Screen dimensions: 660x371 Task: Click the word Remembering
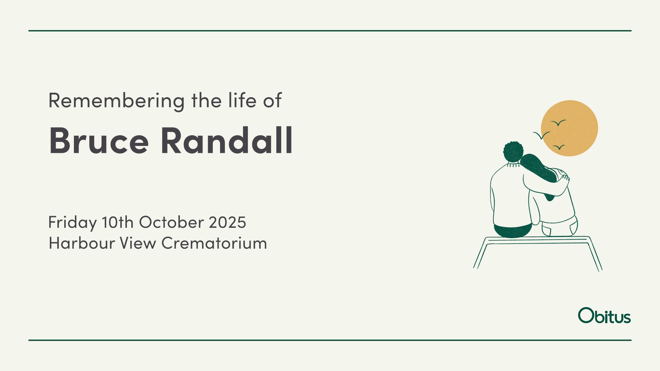tap(117, 101)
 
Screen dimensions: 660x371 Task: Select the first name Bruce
tap(99, 140)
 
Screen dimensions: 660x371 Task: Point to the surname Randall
tap(227, 140)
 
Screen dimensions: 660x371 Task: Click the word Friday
tap(73, 223)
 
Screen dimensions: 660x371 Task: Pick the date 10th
tap(118, 222)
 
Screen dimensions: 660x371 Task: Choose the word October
tap(172, 222)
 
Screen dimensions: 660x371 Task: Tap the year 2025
tap(228, 222)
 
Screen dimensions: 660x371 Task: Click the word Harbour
tap(82, 243)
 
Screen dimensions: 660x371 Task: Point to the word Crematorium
tap(214, 243)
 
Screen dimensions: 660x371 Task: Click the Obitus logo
tap(604, 315)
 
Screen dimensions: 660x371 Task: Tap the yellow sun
tap(570, 128)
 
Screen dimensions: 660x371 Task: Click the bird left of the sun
tap(541, 135)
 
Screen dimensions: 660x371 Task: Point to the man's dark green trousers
tap(513, 230)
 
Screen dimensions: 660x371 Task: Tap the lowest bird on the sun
tap(559, 147)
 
